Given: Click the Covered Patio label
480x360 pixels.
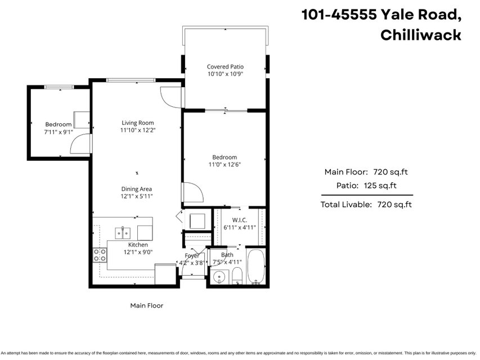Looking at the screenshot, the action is point(225,66).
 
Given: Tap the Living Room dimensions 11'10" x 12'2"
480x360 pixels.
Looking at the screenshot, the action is point(138,130).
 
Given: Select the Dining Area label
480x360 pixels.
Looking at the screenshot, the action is point(137,189).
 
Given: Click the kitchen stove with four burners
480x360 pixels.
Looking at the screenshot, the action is point(100,255).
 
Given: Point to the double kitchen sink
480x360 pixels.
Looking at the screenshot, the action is point(123,233).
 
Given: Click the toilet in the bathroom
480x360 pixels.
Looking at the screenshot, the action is point(237,276).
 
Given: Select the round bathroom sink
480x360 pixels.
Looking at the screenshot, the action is point(219,277).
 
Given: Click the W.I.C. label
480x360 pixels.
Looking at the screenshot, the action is point(239,220).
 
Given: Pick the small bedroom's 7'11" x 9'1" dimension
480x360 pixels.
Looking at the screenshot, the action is point(59,132).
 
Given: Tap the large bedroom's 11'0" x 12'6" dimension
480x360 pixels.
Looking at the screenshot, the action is point(225,165).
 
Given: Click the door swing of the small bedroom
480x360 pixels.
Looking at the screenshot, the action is point(80,143).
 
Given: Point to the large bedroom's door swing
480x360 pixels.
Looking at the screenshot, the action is point(193,192).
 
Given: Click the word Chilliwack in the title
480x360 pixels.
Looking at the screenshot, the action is point(421,35).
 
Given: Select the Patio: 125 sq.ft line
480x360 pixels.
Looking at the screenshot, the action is point(366,186).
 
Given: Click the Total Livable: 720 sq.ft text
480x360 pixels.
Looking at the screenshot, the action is point(366,205).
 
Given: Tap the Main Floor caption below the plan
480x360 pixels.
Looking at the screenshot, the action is point(147,305).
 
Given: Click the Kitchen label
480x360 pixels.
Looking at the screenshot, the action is point(138,245).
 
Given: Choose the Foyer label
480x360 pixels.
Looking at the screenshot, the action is point(192,255).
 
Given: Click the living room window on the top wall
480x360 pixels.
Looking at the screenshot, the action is point(131,80).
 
